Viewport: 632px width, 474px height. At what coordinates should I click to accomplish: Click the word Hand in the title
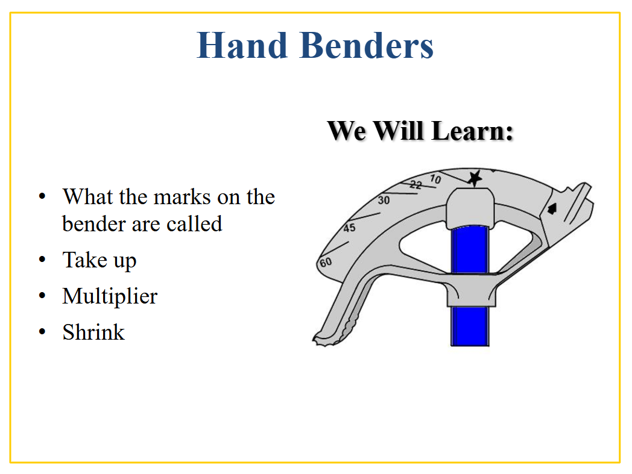coord(242,46)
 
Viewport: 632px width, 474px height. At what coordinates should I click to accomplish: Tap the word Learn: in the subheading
coord(472,131)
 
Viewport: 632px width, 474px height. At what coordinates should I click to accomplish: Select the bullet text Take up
coord(100,261)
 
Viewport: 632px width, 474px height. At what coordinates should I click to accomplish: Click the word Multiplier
coord(110,297)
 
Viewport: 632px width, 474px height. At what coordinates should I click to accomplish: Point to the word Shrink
coord(93,332)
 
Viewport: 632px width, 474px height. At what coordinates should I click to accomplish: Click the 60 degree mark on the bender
coord(326,263)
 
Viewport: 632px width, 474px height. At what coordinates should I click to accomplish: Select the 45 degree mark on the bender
coord(349,228)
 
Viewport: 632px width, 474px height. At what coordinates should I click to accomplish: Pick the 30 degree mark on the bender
coord(384,200)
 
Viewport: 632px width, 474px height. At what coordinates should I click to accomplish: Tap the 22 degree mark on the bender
coord(416,185)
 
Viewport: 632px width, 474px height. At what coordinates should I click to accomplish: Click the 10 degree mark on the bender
coord(435,178)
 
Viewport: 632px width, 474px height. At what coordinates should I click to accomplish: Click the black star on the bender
coord(475,178)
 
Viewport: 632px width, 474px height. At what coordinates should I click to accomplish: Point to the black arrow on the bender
coord(552,208)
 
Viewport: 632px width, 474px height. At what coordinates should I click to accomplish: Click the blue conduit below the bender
coord(470,326)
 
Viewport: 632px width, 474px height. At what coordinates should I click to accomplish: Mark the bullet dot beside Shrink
coord(42,332)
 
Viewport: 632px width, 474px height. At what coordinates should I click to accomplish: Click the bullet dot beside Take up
coord(42,260)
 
